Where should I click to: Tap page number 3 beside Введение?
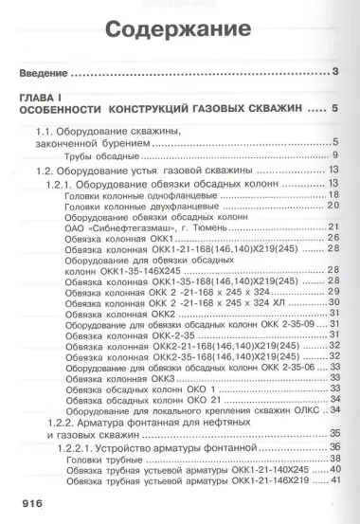(336, 73)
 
